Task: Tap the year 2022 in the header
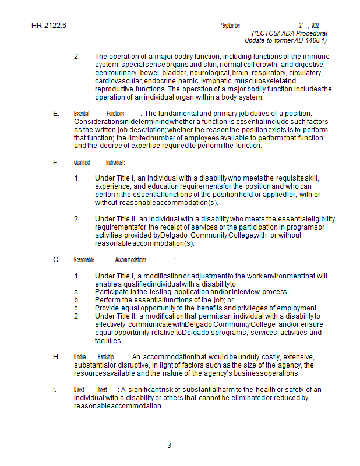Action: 315,26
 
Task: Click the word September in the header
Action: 230,26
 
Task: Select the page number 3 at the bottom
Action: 169,446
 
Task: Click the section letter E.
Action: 55,113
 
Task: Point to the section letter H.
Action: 56,356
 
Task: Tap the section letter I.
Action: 55,389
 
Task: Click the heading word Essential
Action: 81,113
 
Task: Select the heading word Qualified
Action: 82,163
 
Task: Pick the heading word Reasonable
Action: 83,260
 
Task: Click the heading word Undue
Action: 80,356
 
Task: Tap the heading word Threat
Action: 101,389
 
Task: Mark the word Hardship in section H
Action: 105,356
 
